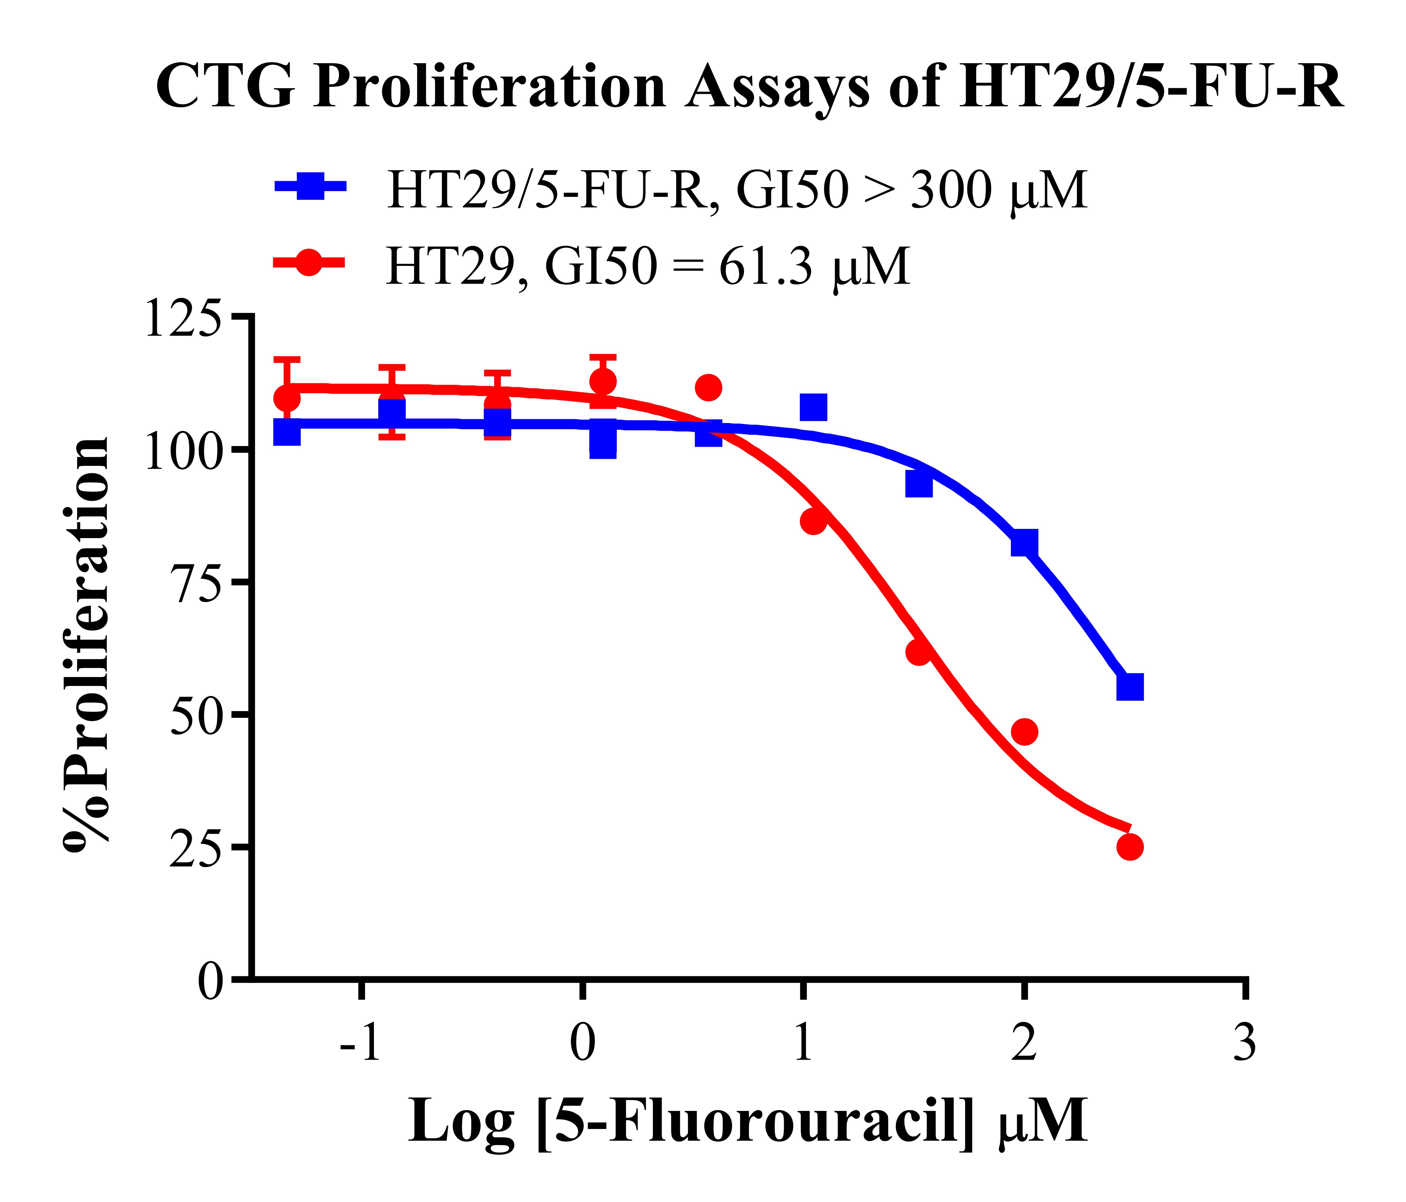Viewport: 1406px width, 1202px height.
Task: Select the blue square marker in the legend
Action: point(310,185)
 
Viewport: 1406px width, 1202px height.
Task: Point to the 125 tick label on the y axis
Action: point(183,319)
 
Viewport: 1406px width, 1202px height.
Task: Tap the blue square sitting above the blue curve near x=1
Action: point(813,407)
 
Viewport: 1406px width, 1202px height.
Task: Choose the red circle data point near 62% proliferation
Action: point(918,652)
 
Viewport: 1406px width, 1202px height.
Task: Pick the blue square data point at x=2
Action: point(1024,543)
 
